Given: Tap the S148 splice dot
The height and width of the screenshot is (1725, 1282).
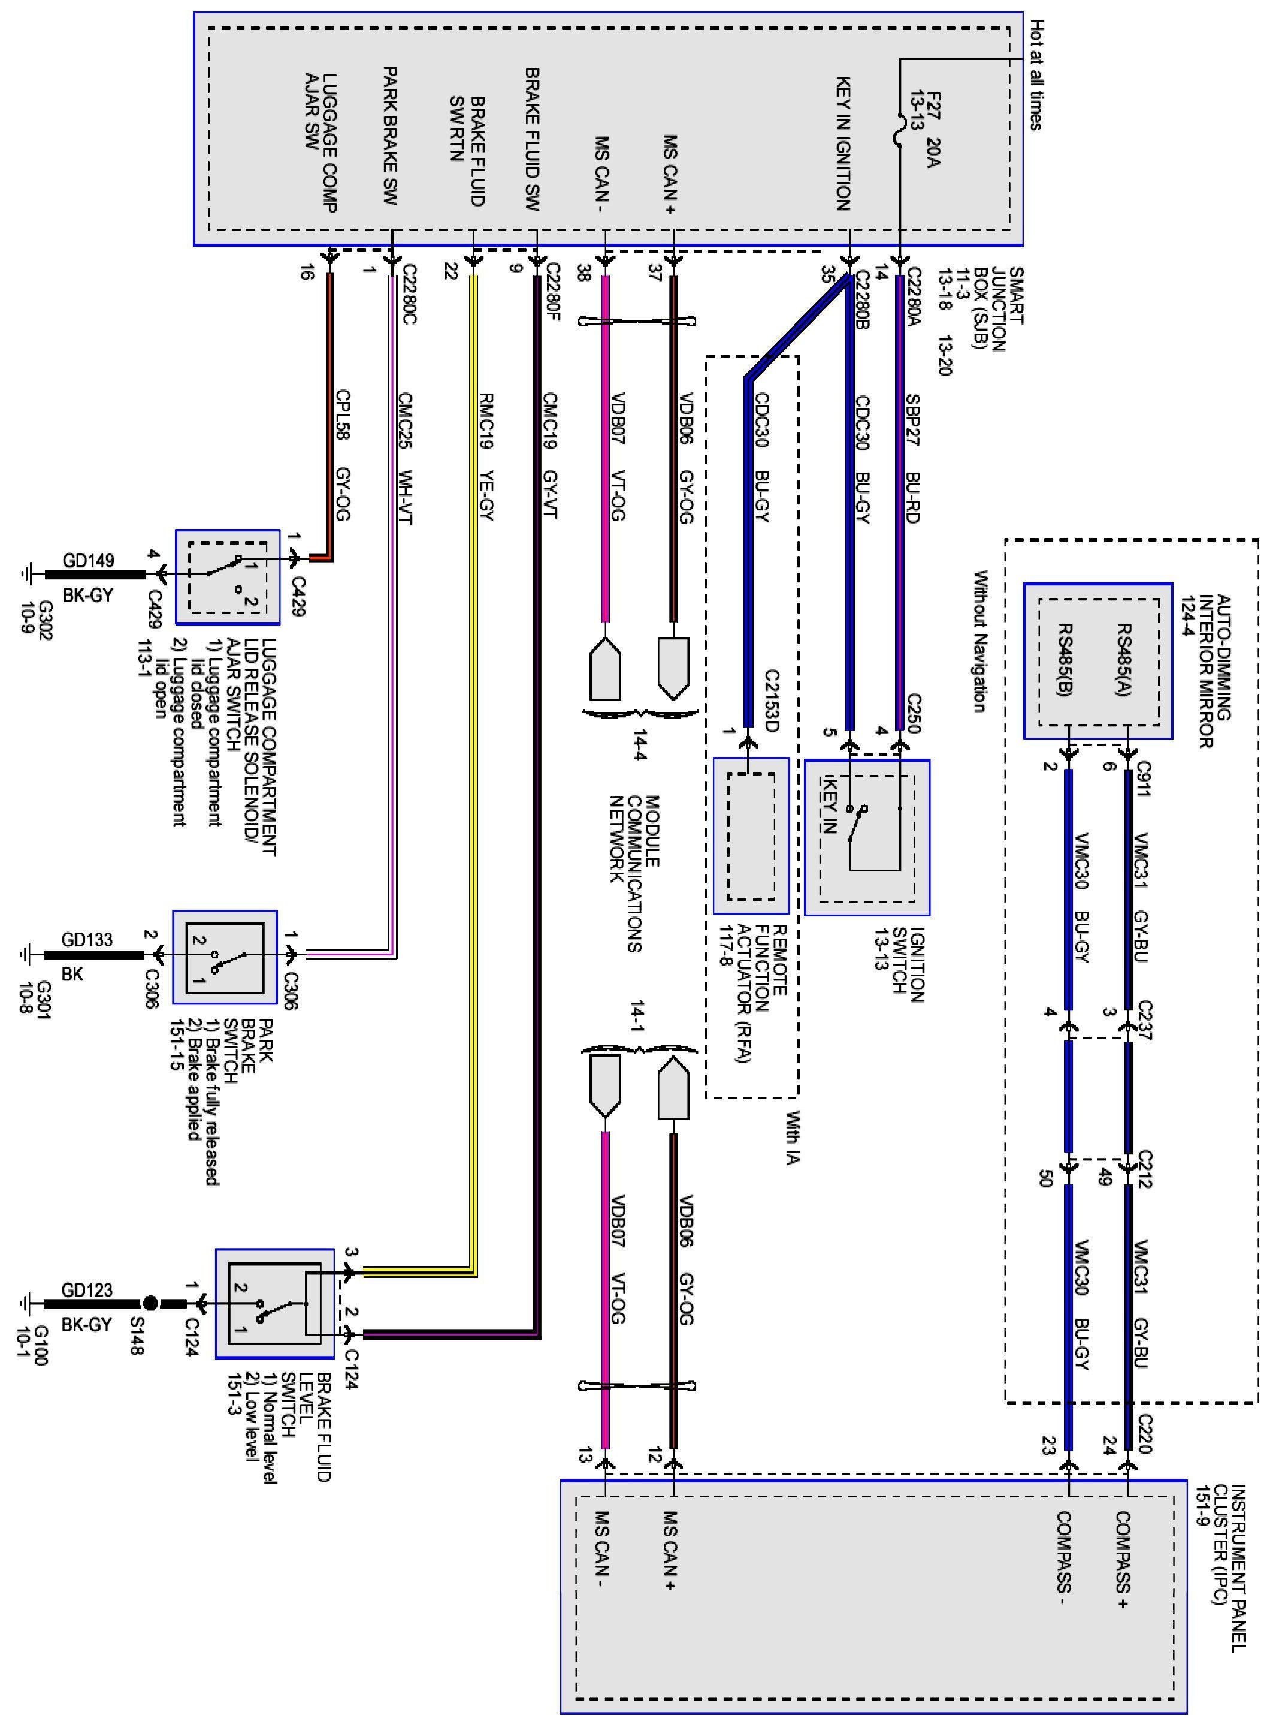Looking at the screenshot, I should [x=150, y=1303].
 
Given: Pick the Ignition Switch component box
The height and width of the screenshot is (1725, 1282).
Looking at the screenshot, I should [x=867, y=837].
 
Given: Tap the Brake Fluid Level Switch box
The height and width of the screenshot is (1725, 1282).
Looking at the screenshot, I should [x=275, y=1303].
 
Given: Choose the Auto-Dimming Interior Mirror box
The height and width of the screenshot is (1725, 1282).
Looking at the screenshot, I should [x=1098, y=661].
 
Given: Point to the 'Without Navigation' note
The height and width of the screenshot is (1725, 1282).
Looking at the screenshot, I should [x=979, y=641].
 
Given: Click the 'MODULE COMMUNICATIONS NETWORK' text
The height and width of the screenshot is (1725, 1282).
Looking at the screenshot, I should [x=634, y=873].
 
